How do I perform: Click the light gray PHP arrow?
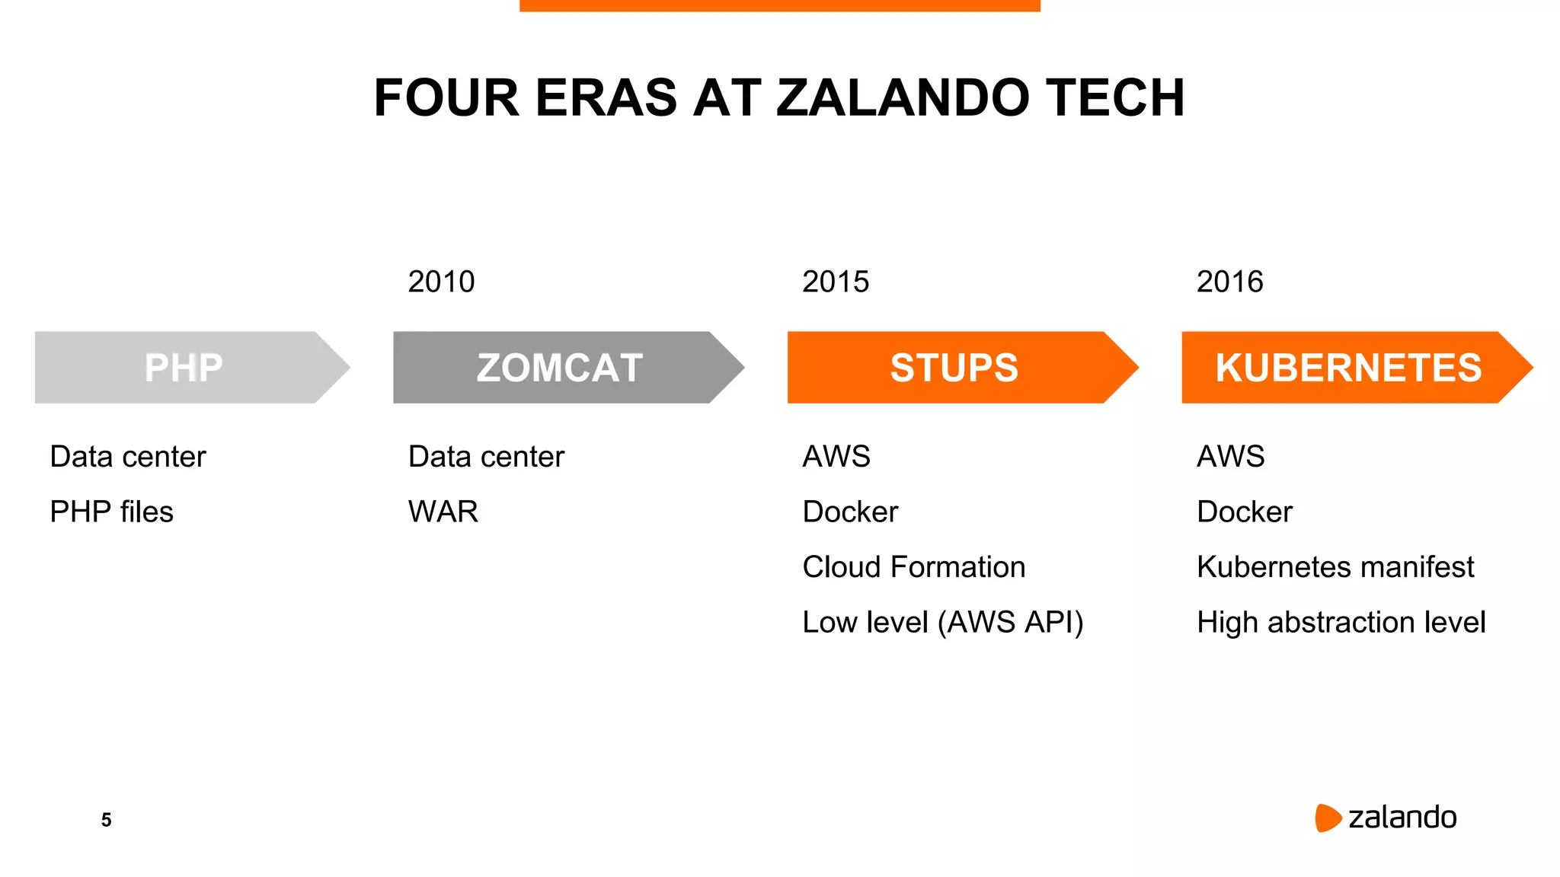(x=184, y=367)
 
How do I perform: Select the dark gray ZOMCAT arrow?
(x=560, y=367)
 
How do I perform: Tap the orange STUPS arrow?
(x=954, y=367)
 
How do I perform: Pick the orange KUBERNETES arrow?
(x=1348, y=367)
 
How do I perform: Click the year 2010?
(x=441, y=282)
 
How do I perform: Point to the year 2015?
(x=836, y=282)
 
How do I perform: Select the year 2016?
(x=1229, y=282)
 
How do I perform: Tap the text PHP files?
(x=111, y=512)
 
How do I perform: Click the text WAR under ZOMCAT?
(x=443, y=512)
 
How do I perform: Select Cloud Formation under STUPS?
(x=913, y=567)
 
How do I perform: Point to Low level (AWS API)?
(x=942, y=623)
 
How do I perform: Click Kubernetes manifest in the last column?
(x=1335, y=567)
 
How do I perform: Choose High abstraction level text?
(x=1341, y=623)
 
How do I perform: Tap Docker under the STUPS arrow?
(x=850, y=512)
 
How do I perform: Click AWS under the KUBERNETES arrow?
(x=1230, y=457)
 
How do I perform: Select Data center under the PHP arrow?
(x=128, y=457)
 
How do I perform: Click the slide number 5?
(x=106, y=820)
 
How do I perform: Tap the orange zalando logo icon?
(x=1327, y=818)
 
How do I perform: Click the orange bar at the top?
(x=779, y=5)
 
